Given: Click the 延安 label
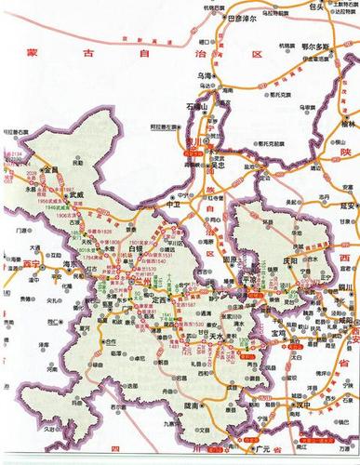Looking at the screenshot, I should point(351,207).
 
